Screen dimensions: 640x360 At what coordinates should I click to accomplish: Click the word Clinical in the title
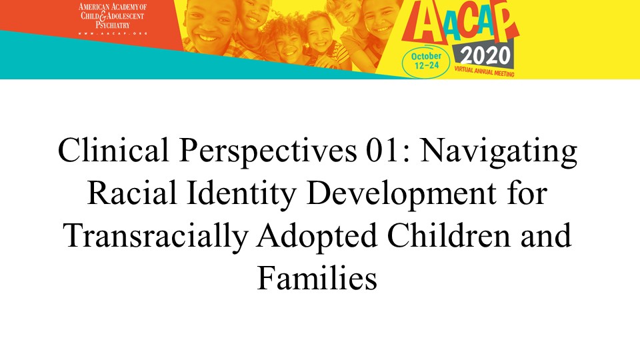(113, 150)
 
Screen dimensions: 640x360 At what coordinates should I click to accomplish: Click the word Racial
(132, 193)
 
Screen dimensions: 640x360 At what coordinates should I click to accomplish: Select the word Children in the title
(449, 235)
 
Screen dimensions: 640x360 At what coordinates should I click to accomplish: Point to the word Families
(317, 277)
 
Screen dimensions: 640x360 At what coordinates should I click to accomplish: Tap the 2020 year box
(485, 56)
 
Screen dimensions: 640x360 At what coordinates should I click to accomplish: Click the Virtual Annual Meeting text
(485, 72)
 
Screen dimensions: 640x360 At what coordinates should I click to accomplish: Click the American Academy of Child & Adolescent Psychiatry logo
(113, 19)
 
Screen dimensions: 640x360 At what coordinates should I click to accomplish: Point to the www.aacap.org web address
(113, 33)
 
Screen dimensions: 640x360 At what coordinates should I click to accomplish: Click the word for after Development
(527, 193)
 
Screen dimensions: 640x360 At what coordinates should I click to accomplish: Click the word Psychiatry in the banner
(113, 25)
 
